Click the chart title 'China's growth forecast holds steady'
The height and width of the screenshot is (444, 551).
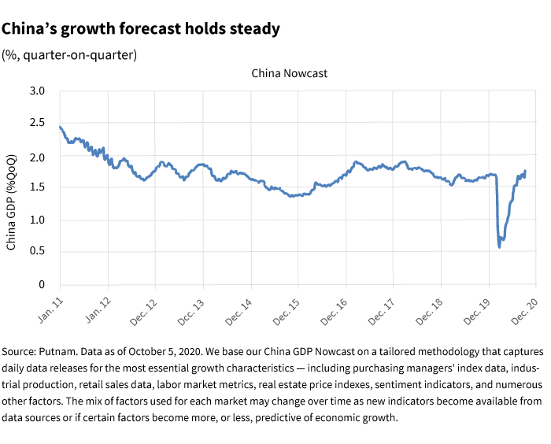[x=141, y=29]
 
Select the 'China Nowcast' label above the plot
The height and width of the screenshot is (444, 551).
[x=289, y=73]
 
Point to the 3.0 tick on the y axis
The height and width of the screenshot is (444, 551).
[x=37, y=91]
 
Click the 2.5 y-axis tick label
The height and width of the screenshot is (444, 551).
[x=37, y=124]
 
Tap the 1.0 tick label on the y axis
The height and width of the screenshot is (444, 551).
[x=37, y=220]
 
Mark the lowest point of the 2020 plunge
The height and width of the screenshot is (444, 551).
[x=499, y=247]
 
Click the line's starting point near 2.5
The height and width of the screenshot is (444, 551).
[x=61, y=126]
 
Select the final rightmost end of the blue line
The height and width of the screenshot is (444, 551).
[x=525, y=171]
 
